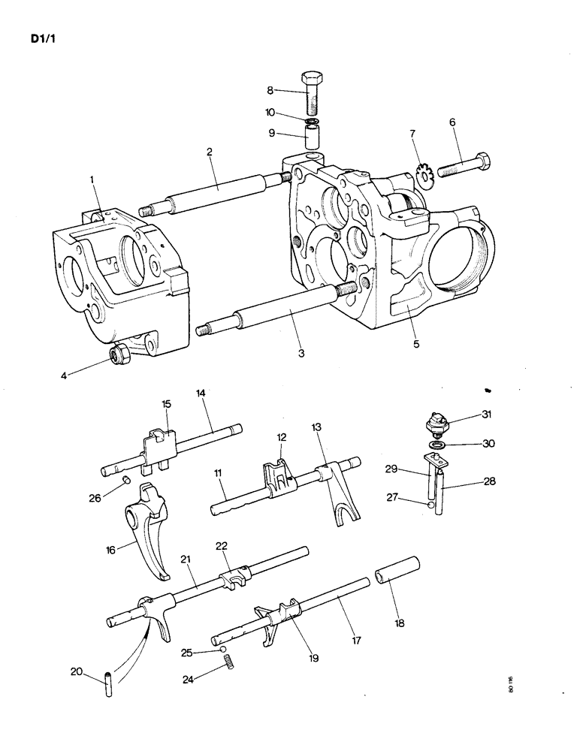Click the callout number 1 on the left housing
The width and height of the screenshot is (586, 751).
92,179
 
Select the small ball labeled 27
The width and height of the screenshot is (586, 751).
430,505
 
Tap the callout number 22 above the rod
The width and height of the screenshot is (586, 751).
222,545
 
